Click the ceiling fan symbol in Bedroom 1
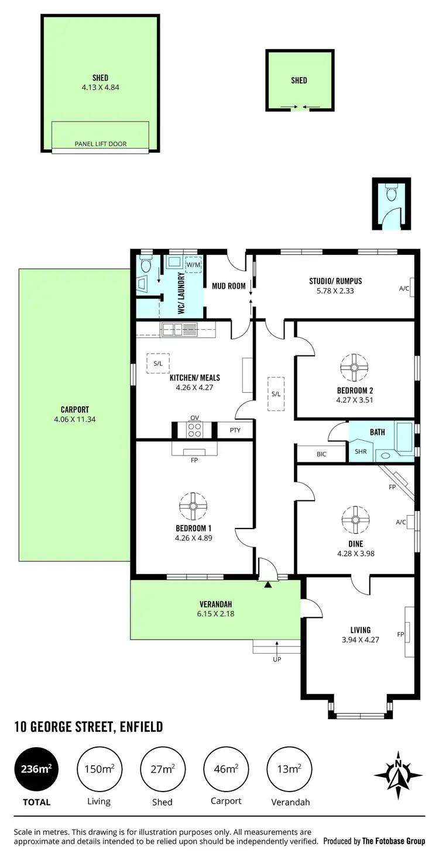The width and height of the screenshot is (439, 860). pyautogui.click(x=193, y=506)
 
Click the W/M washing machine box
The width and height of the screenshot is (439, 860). pyautogui.click(x=193, y=265)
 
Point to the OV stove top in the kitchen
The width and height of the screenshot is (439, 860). pyautogui.click(x=194, y=430)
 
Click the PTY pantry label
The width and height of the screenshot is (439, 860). pyautogui.click(x=235, y=430)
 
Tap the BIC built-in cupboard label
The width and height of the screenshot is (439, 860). pyautogui.click(x=321, y=454)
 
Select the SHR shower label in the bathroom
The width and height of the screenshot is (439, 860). pyautogui.click(x=361, y=452)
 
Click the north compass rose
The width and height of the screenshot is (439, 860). pyautogui.click(x=398, y=775)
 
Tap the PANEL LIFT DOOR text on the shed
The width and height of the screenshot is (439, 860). pyautogui.click(x=100, y=144)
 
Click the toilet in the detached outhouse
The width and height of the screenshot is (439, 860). pyautogui.click(x=392, y=191)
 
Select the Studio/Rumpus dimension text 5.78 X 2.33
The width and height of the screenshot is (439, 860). pyautogui.click(x=331, y=291)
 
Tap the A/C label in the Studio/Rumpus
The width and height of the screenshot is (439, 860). pyautogui.click(x=404, y=288)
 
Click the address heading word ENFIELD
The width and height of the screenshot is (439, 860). pyautogui.click(x=140, y=727)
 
